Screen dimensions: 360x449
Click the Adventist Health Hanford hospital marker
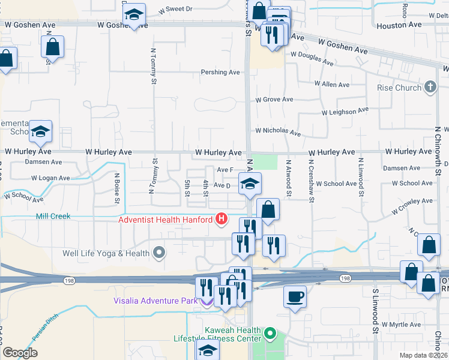[x=221, y=219]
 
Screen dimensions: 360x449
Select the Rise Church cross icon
[x=429, y=88]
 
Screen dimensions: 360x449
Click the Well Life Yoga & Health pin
[x=159, y=253]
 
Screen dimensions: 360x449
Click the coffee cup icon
[x=295, y=296]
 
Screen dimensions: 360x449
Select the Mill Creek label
[x=53, y=216]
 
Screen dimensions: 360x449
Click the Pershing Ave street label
[x=220, y=73]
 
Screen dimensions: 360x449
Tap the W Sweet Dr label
[x=176, y=10]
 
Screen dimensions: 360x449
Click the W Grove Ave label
[x=274, y=100]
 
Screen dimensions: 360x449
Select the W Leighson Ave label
[x=345, y=112]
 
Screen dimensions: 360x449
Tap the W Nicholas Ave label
[x=277, y=130]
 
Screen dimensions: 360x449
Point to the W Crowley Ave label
[x=414, y=208]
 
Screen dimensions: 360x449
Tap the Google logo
[x=20, y=353]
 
